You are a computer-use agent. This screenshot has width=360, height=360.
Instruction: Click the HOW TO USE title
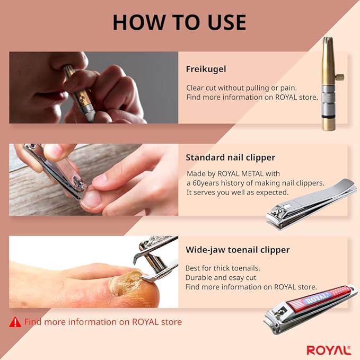(180, 22)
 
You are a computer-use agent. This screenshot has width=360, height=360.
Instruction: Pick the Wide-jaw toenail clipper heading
(238, 250)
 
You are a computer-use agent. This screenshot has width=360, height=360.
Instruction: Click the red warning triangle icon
(15, 321)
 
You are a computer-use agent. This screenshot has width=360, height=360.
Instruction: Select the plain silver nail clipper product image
(310, 204)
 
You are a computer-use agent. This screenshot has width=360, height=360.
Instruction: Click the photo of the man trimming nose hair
(93, 87)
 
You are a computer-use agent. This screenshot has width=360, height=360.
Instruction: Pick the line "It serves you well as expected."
(238, 192)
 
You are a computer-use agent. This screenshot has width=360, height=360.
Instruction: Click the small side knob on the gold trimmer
(340, 77)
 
